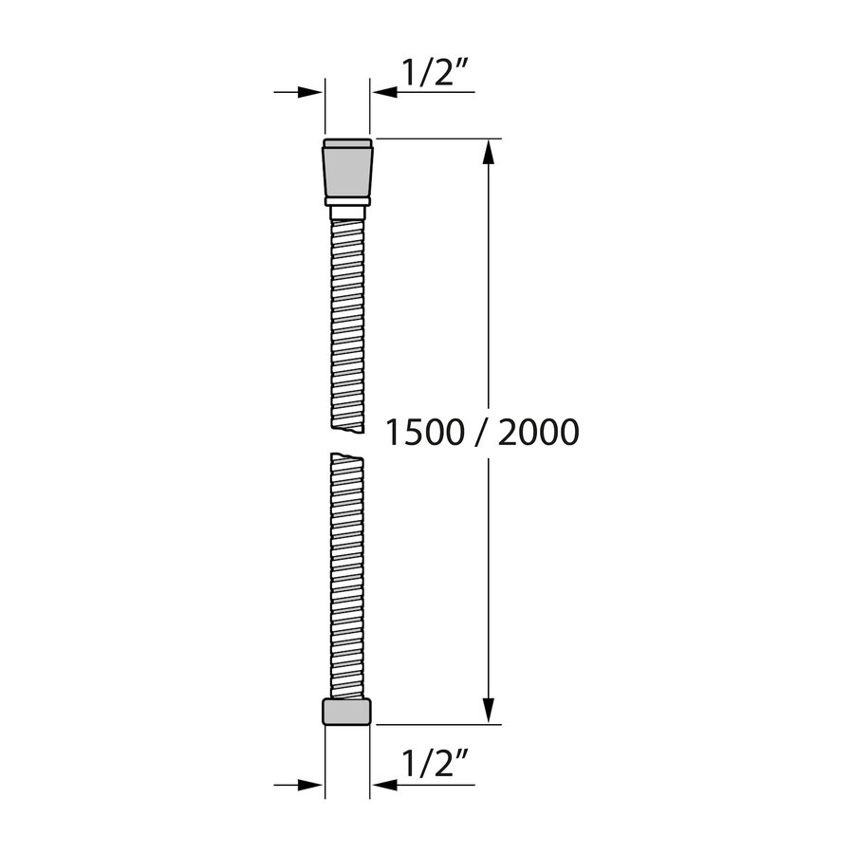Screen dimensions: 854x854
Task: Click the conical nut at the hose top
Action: coord(347,168)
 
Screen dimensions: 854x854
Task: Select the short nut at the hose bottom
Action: coord(347,712)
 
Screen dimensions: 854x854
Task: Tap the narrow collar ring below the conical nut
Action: coord(347,201)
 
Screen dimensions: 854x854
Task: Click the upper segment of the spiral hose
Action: coord(347,318)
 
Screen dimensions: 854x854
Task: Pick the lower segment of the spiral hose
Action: coord(347,574)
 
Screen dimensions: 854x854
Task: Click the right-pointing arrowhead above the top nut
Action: coord(309,92)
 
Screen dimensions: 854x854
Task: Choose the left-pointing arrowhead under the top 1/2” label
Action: coord(385,92)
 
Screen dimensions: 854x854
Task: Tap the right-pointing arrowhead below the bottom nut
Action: coord(309,785)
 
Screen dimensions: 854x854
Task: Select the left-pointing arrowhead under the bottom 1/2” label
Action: coord(385,785)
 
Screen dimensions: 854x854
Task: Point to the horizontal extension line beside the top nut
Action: coord(436,139)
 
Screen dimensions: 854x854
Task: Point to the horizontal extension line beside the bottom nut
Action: coord(436,725)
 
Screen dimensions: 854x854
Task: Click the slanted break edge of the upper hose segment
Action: coord(347,430)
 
